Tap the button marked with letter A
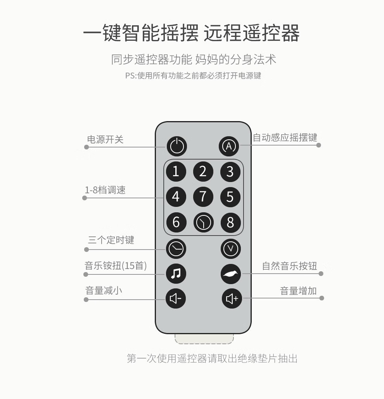228,146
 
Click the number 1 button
176,172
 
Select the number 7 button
203,197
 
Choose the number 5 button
230,197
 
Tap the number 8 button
230,222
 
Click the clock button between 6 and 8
204,222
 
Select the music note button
176,274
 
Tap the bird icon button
231,274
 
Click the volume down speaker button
176,298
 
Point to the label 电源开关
105,139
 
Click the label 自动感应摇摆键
285,137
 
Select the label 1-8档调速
105,190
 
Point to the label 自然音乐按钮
289,266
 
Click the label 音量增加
298,291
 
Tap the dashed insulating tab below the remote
204,339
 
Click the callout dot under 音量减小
86,300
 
